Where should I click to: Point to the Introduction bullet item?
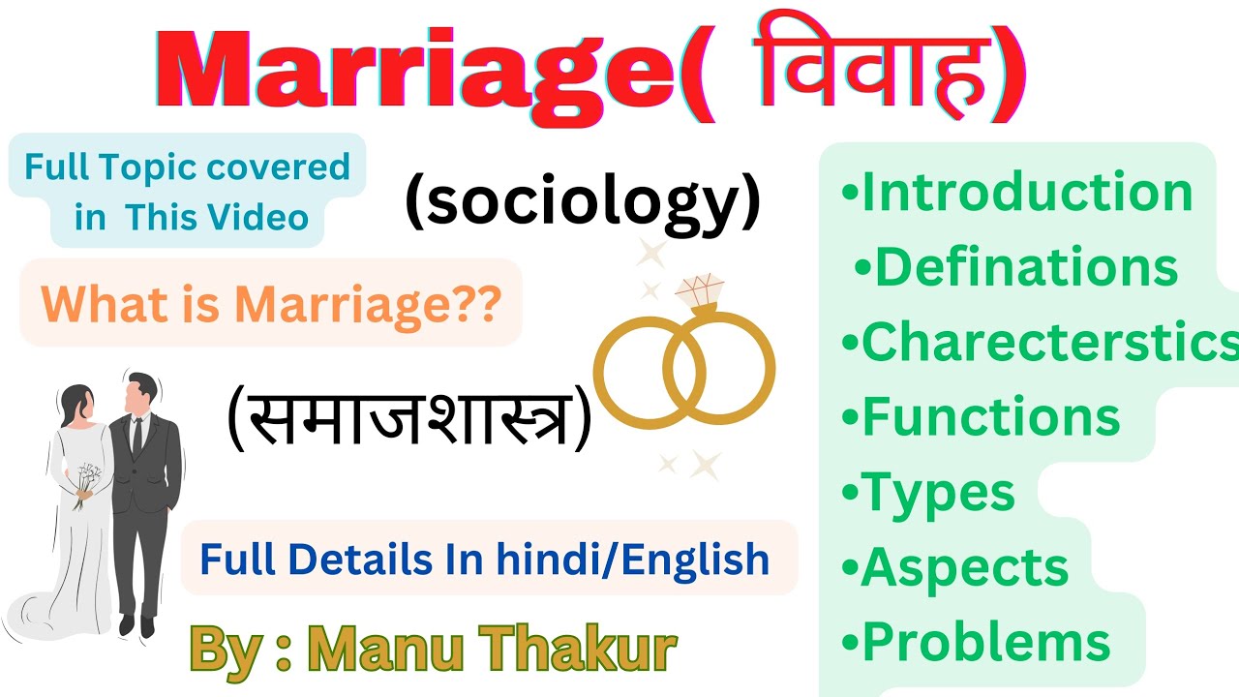1016,192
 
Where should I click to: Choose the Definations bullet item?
1016,267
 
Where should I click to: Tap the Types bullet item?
929,493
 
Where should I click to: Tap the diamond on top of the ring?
699,290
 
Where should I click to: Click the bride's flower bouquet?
88,480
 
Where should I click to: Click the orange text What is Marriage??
272,304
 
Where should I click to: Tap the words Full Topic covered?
187,167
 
